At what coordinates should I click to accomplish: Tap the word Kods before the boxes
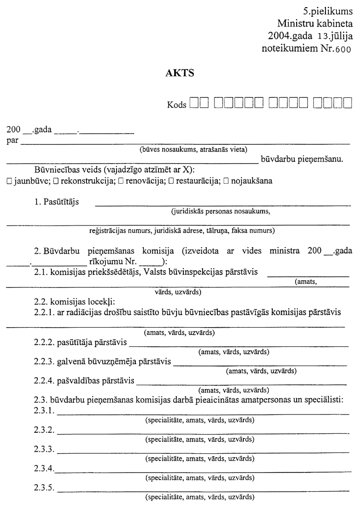176,104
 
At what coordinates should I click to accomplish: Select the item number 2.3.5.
43,488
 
